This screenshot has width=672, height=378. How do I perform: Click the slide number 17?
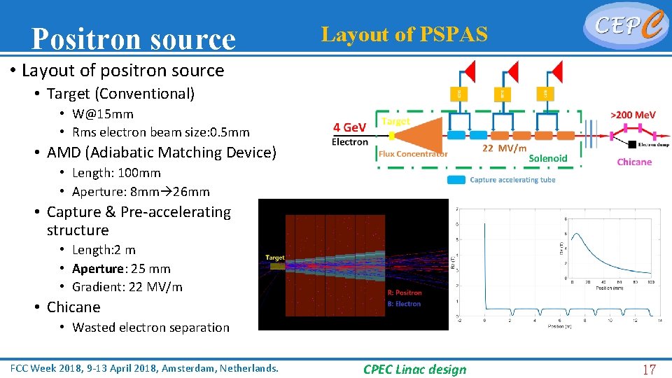pos(650,369)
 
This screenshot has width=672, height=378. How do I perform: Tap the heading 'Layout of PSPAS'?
pos(404,34)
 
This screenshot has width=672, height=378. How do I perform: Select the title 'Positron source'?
pos(133,39)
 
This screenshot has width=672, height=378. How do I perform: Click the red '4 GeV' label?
pos(349,127)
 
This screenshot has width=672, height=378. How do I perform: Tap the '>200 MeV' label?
pos(633,114)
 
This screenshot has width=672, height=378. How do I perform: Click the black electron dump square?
pos(632,145)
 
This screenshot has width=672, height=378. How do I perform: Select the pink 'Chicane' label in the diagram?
pos(634,162)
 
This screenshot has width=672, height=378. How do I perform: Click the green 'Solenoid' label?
pos(548,158)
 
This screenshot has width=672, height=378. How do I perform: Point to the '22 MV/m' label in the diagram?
pos(505,148)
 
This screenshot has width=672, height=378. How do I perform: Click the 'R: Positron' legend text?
pos(405,293)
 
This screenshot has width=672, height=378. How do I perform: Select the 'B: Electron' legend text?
pos(404,304)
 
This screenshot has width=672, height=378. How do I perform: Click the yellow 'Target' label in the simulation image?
pos(274,258)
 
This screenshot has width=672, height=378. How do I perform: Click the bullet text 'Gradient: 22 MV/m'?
pos(127,287)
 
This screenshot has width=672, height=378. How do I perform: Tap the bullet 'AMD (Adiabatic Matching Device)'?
pos(162,153)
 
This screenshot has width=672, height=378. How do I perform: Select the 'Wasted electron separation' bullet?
pos(150,328)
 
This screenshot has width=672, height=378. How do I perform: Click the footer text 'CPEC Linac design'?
pos(414,370)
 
